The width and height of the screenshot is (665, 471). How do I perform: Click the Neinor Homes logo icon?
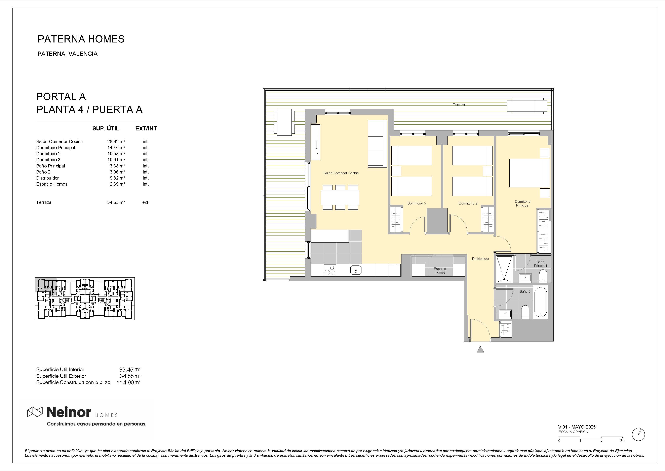(x=35, y=412)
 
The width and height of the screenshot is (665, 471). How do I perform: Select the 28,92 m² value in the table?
(x=116, y=142)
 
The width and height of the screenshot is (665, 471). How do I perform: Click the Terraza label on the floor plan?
(x=459, y=105)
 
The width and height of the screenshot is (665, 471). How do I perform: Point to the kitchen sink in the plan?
(x=356, y=270)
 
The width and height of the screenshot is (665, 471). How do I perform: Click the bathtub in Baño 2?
(x=540, y=302)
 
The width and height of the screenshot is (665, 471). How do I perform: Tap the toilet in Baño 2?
(x=525, y=312)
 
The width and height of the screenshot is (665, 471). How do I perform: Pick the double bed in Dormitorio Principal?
(x=530, y=173)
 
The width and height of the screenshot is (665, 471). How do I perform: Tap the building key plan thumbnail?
(x=85, y=299)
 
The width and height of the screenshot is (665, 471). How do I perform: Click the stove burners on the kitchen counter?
(x=330, y=270)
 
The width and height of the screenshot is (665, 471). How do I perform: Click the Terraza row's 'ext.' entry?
(x=146, y=202)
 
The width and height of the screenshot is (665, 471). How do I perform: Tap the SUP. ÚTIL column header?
(x=106, y=128)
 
